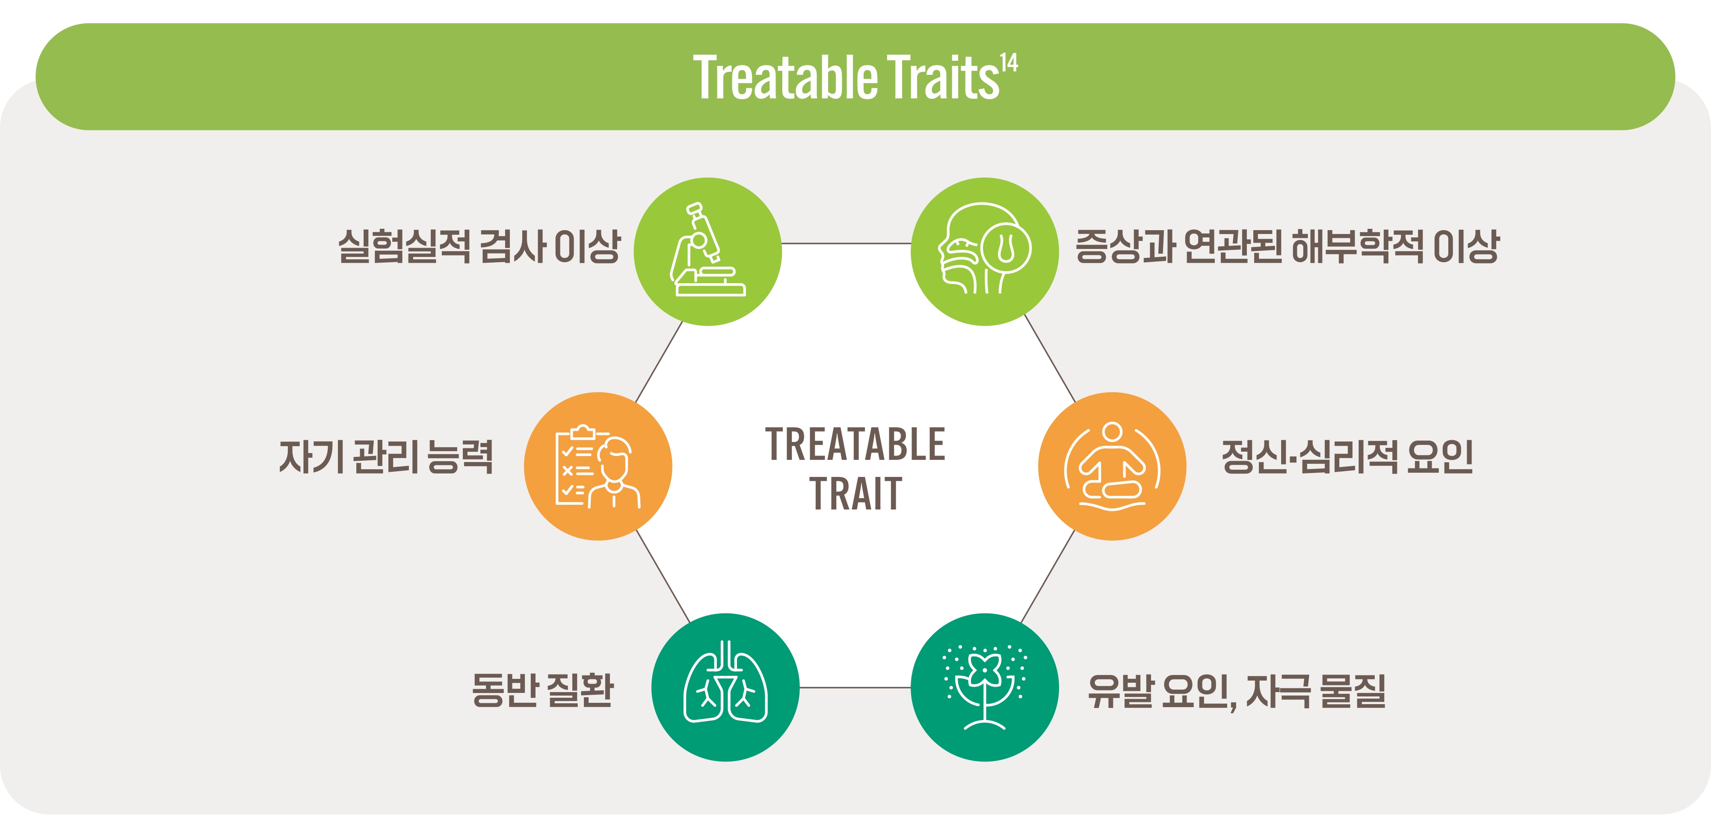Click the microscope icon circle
click(x=707, y=252)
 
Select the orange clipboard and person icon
click(x=598, y=466)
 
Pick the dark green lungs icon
click(x=725, y=687)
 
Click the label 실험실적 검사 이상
click(x=479, y=246)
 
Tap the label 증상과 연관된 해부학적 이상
click(x=1287, y=246)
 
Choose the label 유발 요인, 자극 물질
click(x=1237, y=691)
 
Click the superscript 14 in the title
click(x=1009, y=62)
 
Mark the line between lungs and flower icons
click(x=855, y=687)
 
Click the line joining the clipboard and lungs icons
click(x=663, y=576)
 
